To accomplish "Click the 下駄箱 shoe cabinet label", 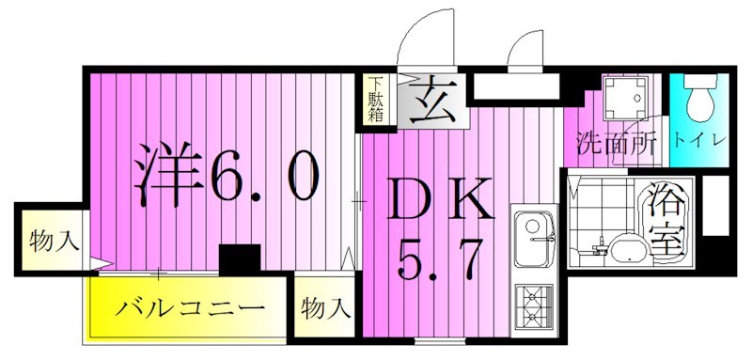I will click(x=375, y=99).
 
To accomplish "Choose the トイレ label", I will click(x=699, y=141).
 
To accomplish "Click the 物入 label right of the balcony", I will click(x=325, y=307).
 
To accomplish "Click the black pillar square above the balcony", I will click(x=239, y=258).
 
